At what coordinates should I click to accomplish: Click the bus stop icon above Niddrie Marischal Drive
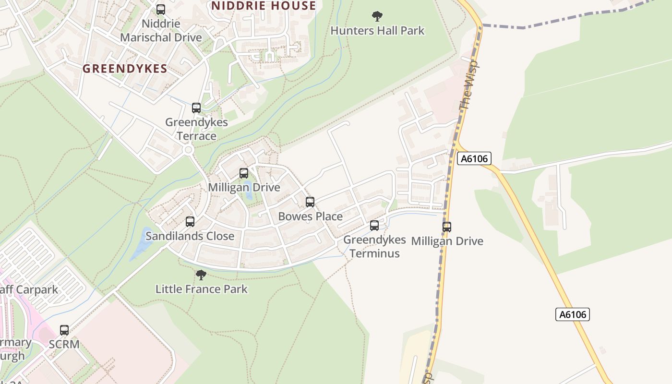tap(161, 10)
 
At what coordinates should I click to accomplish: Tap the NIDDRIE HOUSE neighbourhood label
tap(264, 6)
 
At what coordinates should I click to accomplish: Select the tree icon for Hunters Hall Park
tap(377, 16)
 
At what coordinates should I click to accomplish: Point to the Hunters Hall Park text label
tap(377, 31)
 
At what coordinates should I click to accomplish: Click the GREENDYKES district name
tap(125, 69)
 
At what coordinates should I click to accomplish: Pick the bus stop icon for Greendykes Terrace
tap(196, 108)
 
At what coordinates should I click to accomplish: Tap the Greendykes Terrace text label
tap(196, 129)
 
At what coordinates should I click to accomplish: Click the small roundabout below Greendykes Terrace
tap(188, 150)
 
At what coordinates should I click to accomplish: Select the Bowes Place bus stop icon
tap(310, 202)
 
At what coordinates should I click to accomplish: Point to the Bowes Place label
tap(310, 216)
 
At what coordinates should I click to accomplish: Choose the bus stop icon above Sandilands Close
tap(190, 222)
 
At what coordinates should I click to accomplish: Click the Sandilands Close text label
tap(190, 236)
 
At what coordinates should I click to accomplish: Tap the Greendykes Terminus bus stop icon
tap(374, 226)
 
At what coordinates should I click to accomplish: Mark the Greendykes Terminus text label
tap(374, 246)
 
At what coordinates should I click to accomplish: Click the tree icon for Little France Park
tap(201, 275)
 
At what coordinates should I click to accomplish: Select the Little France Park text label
tap(202, 289)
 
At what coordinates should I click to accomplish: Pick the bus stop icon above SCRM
tap(64, 330)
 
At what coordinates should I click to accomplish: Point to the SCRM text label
tap(64, 344)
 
